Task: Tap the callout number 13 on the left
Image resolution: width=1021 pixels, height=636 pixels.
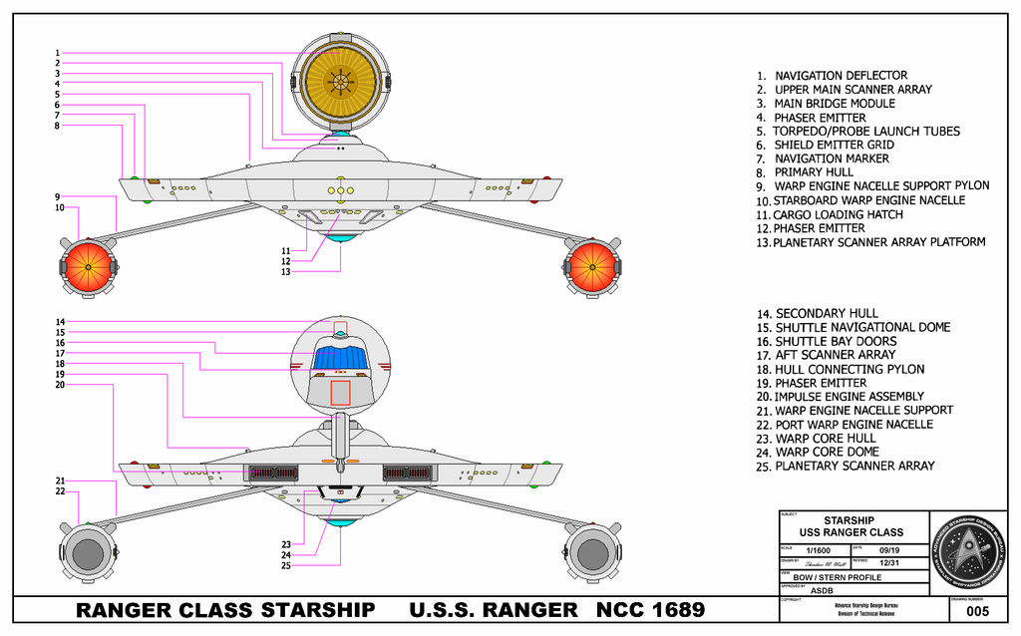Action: [x=285, y=271]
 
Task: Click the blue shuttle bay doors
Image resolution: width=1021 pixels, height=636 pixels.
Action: [x=340, y=356]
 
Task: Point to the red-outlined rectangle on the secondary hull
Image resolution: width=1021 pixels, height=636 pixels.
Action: [x=340, y=393]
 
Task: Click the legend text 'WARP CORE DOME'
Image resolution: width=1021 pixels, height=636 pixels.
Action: [x=827, y=452]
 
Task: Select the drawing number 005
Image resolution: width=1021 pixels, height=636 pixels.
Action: [x=978, y=610]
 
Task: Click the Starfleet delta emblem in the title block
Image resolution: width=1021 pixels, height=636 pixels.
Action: [x=966, y=548]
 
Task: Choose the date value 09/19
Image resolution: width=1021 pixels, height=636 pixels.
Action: [x=890, y=550]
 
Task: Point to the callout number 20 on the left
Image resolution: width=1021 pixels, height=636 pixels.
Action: [x=59, y=385]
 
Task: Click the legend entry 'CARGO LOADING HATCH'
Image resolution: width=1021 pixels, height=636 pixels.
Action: [x=839, y=214]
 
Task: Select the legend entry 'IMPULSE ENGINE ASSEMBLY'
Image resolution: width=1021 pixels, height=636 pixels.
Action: [x=849, y=397]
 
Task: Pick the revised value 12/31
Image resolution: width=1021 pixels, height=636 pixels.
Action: [x=890, y=564]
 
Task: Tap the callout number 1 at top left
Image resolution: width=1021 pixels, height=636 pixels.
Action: [x=58, y=53]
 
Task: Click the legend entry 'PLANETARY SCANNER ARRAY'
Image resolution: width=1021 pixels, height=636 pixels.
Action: [x=854, y=466]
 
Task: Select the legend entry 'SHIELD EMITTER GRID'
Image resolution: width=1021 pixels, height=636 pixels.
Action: [x=834, y=145]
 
